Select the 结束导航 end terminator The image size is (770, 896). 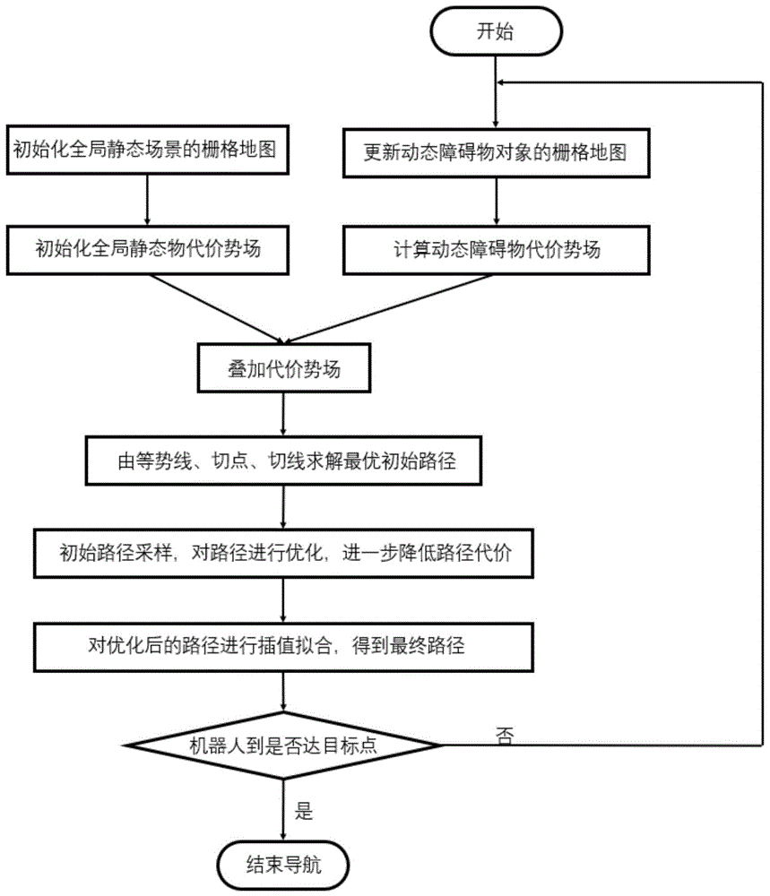[x=282, y=866]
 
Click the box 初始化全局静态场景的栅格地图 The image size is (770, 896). [x=148, y=151]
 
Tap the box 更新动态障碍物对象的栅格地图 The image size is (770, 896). [x=495, y=152]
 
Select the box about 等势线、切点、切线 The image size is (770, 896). [x=283, y=461]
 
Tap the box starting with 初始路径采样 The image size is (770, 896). [x=283, y=553]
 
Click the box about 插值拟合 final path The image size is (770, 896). [x=283, y=645]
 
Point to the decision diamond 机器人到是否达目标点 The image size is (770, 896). [x=283, y=745]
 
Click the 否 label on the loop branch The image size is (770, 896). [x=504, y=734]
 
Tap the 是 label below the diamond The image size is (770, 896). [x=304, y=813]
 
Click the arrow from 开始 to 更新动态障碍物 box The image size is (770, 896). [x=496, y=94]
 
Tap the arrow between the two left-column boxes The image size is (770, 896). [x=148, y=201]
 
